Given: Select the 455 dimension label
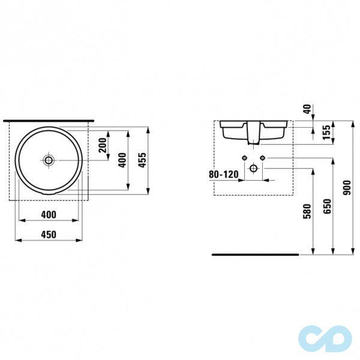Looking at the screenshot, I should point(143,160).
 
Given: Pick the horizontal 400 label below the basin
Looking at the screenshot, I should point(48,214).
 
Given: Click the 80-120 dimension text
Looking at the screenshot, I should point(223,174).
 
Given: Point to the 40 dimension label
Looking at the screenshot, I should point(308,109).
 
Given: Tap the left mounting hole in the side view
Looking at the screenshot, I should point(245,158).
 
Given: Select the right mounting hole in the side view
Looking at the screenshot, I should point(262,158).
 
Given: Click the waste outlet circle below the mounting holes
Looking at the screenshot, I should point(254,168).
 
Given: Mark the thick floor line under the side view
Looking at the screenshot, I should point(255,254).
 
